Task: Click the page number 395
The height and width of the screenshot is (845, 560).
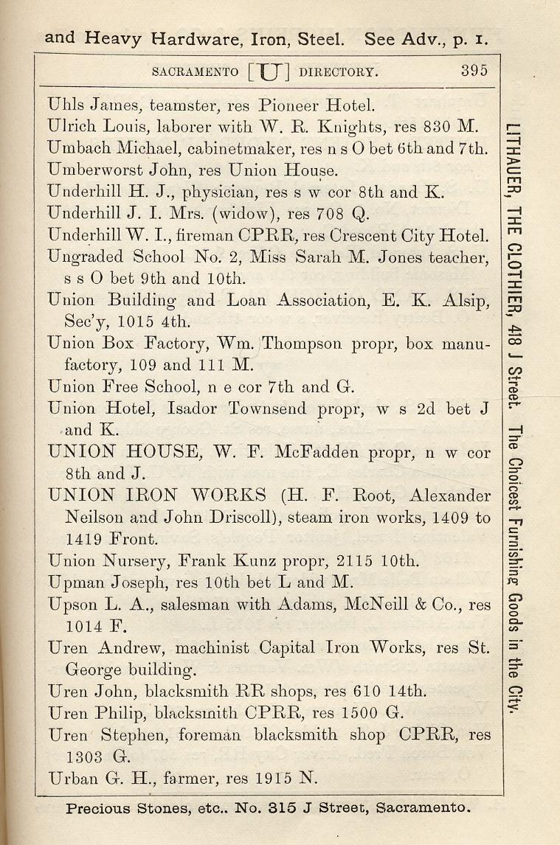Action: pyautogui.click(x=474, y=72)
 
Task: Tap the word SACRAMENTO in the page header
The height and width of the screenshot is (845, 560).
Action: pyautogui.click(x=195, y=72)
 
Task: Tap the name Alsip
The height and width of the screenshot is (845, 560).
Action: pyautogui.click(x=464, y=300)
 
